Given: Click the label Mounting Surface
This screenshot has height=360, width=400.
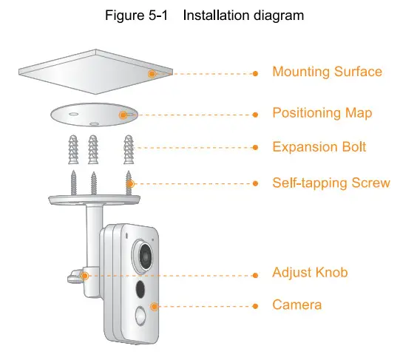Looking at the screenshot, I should click(x=327, y=72).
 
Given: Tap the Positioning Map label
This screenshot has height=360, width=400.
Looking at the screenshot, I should click(x=322, y=113).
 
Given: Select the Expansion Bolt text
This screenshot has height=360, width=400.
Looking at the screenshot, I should click(x=319, y=147).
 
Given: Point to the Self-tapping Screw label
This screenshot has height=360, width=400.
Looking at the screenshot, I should click(x=330, y=183).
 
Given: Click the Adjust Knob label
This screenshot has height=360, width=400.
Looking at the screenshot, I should click(x=310, y=273).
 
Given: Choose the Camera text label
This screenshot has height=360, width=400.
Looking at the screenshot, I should click(x=296, y=305).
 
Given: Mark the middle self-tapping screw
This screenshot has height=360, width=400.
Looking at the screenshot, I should click(x=93, y=182).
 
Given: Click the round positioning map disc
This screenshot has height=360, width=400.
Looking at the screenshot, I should click(x=93, y=115).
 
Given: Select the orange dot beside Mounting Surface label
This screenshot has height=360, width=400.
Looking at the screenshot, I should click(x=255, y=73).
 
